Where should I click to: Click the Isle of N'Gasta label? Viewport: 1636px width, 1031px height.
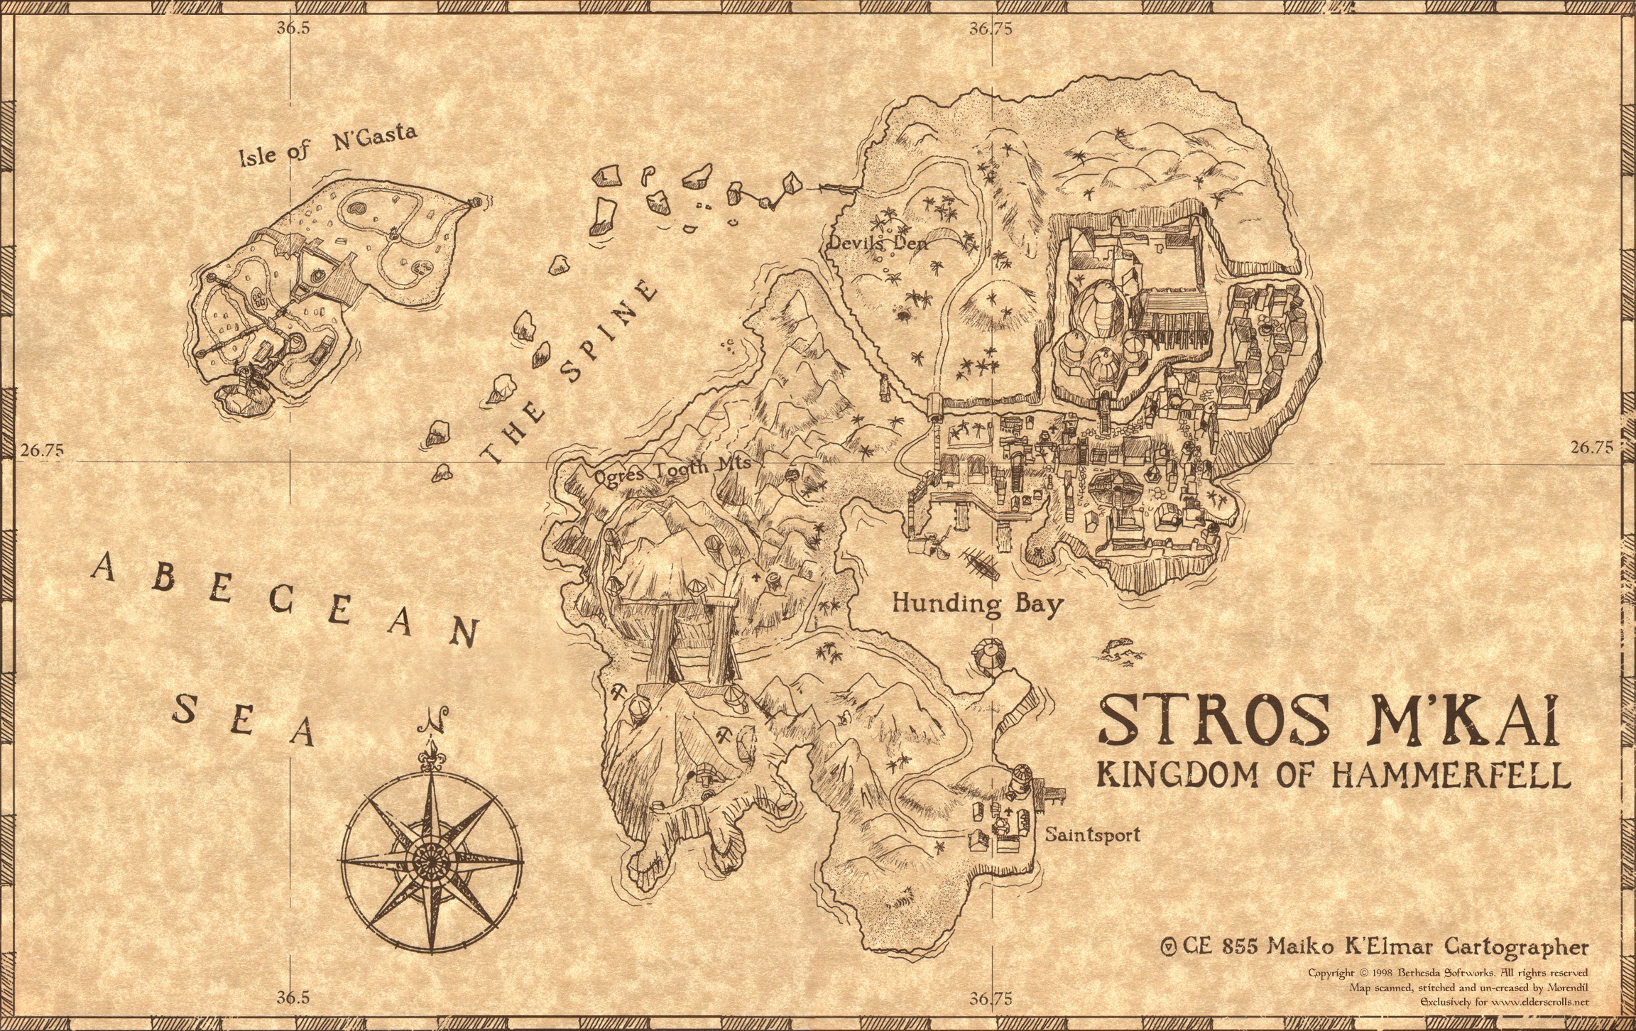(328, 145)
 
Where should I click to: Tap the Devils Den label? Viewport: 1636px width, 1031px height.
(878, 243)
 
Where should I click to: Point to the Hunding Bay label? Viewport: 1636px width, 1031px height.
(978, 604)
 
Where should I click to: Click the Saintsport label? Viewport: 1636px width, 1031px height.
(1092, 834)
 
